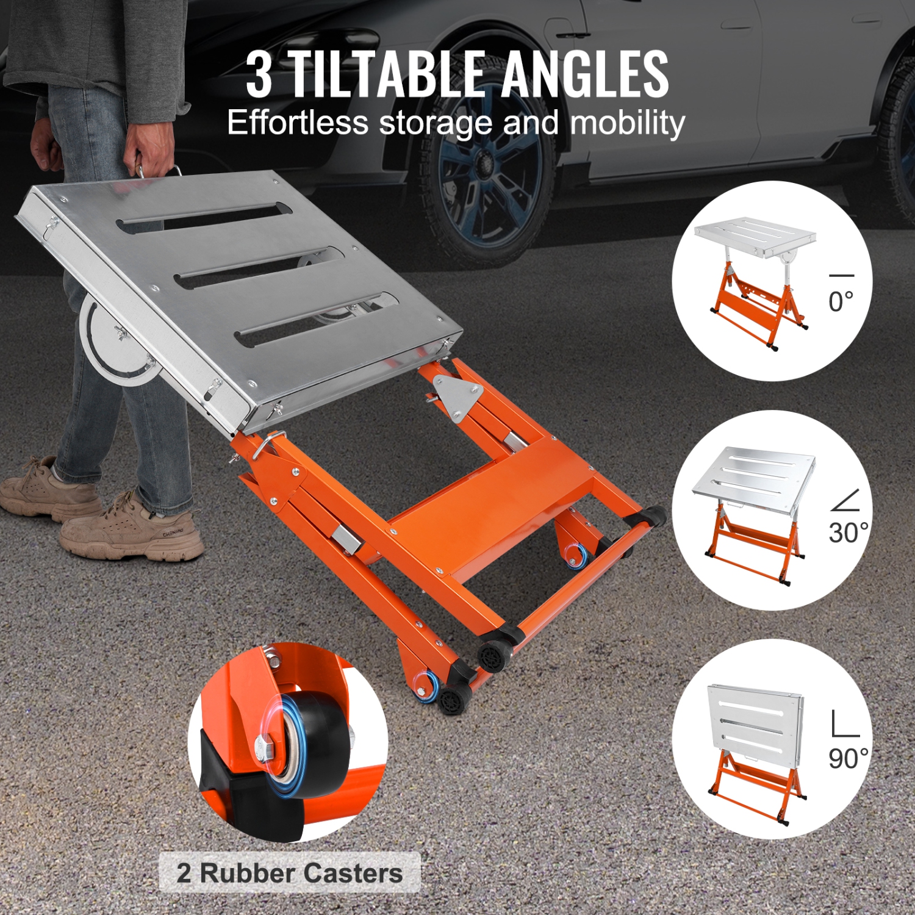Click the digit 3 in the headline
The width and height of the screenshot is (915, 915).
259,76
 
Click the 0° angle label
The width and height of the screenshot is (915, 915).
841,301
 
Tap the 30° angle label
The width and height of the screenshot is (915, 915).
847,533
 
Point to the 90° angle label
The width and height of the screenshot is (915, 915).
847,758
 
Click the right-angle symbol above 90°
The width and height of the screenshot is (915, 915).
845,724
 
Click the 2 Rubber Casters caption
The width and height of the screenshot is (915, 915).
290,873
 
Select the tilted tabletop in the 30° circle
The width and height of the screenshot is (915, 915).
754,473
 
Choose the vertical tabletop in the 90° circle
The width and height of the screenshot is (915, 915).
753,720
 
